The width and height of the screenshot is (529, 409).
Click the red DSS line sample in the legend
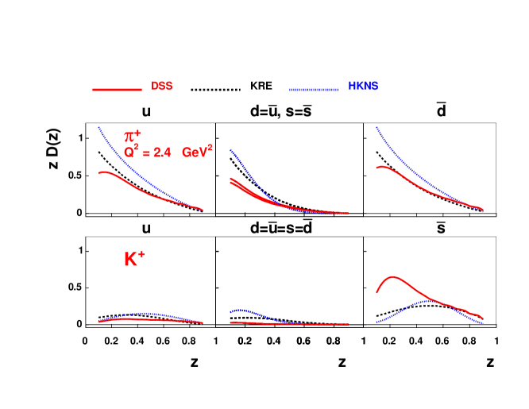coord(117,90)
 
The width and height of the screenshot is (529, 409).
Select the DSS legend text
coord(162,87)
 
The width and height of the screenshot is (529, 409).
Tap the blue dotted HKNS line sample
coord(314,90)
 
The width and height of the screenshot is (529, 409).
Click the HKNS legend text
coord(363,87)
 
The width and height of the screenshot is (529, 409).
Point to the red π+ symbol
coord(132,136)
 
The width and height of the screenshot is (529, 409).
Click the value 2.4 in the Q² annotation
coord(161,152)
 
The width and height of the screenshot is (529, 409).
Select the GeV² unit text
coord(196,152)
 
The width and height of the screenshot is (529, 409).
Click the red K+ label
coord(133,259)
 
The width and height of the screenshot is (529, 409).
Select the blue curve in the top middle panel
coord(246,171)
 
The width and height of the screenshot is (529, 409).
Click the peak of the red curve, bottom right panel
coord(393,277)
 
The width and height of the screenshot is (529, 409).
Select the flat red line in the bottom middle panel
coord(302,324)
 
